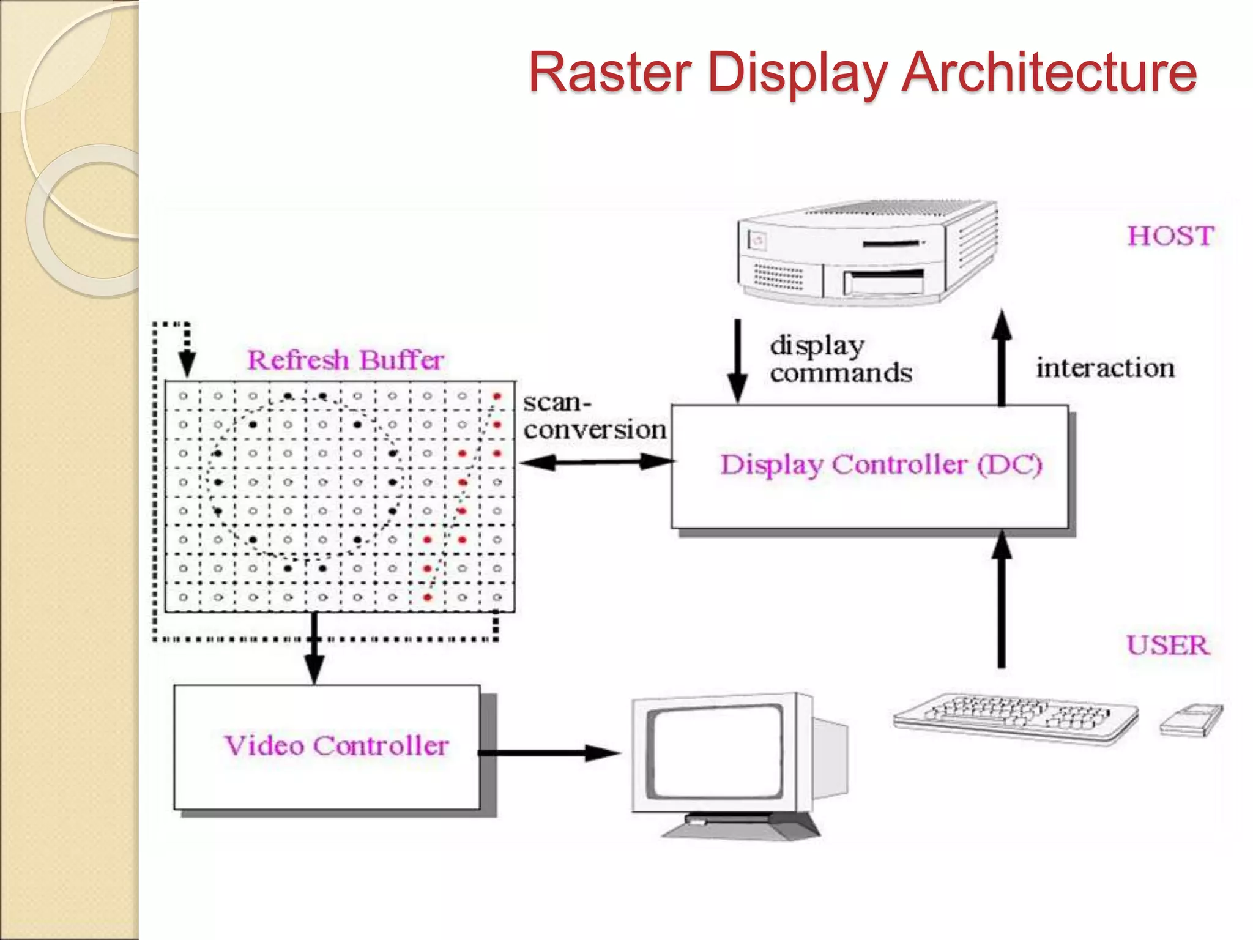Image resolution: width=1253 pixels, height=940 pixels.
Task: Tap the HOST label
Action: tap(1170, 236)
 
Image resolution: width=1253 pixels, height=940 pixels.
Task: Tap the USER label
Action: tap(1168, 646)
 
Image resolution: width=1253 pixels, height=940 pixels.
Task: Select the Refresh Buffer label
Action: tap(345, 360)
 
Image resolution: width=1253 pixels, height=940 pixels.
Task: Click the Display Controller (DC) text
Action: tap(880, 464)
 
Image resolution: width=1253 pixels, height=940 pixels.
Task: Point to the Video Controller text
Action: tap(336, 746)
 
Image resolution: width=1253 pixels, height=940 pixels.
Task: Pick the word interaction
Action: tap(1105, 368)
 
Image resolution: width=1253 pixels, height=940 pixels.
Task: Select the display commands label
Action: tap(840, 359)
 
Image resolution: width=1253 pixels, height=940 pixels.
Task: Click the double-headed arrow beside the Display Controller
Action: tap(596, 462)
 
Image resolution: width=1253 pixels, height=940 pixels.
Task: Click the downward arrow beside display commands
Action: tap(738, 360)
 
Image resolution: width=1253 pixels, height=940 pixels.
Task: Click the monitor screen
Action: tap(715, 753)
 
